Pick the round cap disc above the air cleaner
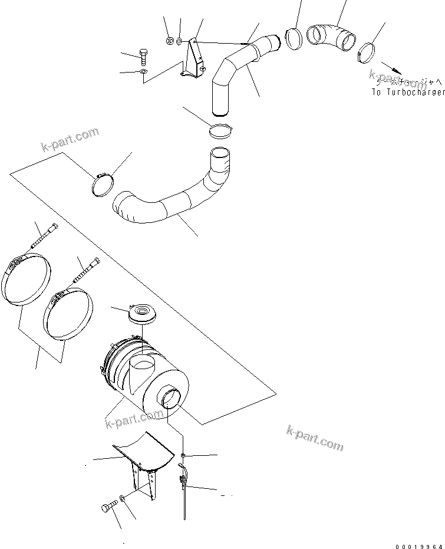point(141,313)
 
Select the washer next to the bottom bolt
point(122,500)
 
